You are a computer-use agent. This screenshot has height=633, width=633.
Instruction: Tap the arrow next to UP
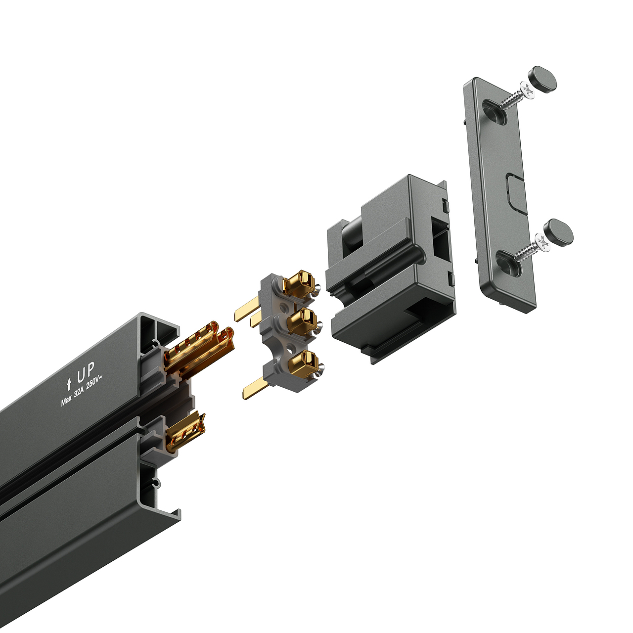(69, 383)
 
